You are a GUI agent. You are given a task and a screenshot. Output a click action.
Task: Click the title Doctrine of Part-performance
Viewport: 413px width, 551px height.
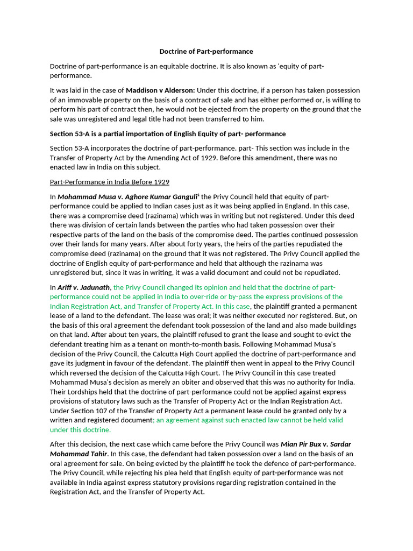206,52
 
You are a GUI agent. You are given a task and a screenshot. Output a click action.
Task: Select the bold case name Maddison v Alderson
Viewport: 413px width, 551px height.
160,90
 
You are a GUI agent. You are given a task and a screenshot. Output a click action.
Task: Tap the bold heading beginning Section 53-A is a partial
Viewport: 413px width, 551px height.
168,133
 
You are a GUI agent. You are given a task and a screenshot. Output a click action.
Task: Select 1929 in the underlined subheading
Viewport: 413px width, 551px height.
160,182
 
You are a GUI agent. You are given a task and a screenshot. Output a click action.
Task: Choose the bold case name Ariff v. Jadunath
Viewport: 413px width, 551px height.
83,287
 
